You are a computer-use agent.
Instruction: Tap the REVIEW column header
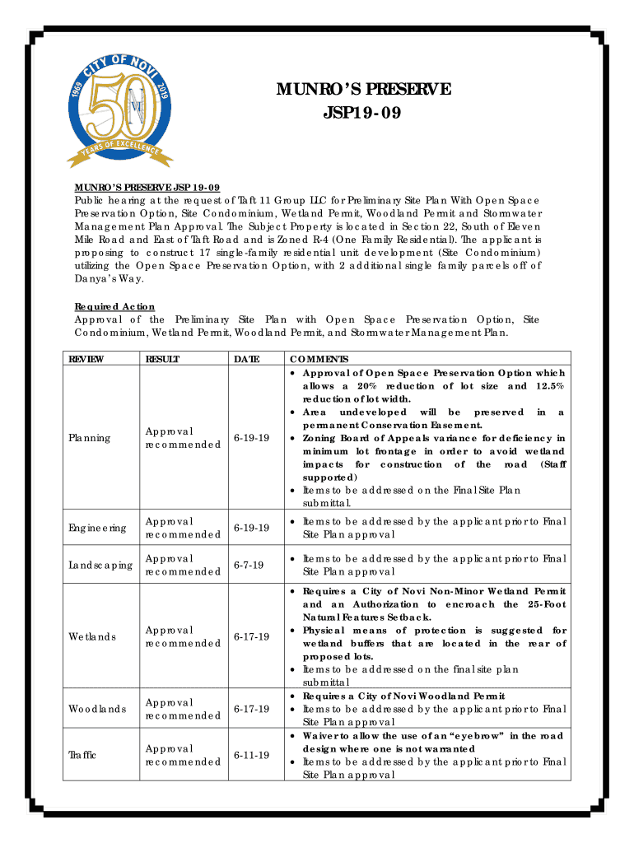86,360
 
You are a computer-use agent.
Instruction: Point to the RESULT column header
163,360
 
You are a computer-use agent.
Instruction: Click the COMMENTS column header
319,360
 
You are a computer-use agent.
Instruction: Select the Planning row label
89,438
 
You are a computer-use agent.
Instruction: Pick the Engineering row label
97,528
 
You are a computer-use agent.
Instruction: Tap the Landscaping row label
100,565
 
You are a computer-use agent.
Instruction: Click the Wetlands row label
91,636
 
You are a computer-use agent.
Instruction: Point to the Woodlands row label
97,709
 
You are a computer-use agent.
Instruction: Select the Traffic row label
82,755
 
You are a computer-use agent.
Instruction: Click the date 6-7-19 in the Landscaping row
249,565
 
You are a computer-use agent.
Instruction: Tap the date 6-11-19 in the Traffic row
252,755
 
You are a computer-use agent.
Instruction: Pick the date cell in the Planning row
252,438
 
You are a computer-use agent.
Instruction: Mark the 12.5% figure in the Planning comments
549,385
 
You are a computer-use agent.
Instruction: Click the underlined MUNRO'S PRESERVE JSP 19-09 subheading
147,186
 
